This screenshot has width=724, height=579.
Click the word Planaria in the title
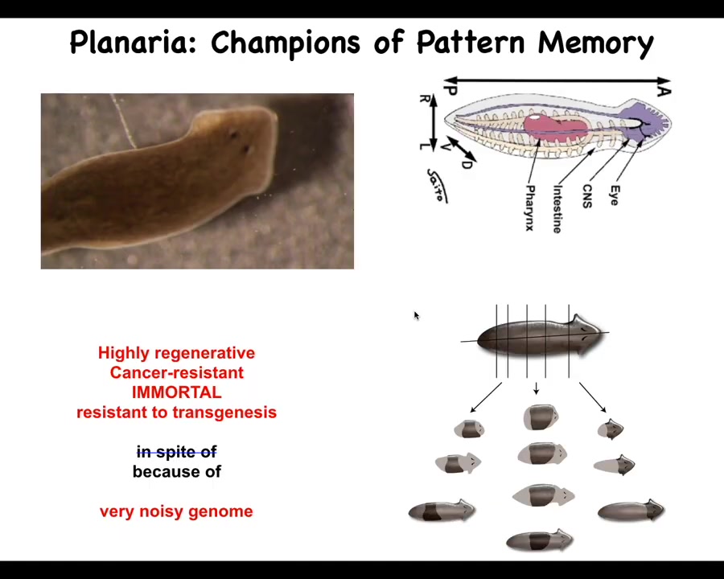pos(134,43)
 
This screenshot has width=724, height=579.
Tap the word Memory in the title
pos(595,43)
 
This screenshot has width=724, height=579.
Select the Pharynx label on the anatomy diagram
pos(530,207)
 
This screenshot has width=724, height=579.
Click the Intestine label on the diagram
pos(557,209)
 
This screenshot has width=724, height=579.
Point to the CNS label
pos(587,196)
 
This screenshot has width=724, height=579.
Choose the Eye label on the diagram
pos(615,195)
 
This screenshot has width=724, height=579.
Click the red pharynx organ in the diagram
pos(555,125)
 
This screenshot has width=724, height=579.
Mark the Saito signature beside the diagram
pos(436,186)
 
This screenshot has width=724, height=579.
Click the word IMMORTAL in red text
pos(176,392)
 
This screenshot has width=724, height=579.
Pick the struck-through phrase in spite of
pos(177,452)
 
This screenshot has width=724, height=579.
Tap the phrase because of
pos(177,471)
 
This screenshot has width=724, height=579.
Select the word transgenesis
pos(225,413)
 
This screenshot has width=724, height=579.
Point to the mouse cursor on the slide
pos(417,315)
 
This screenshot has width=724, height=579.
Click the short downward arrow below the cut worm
pos(536,388)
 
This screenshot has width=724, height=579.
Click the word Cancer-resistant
pos(176,372)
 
